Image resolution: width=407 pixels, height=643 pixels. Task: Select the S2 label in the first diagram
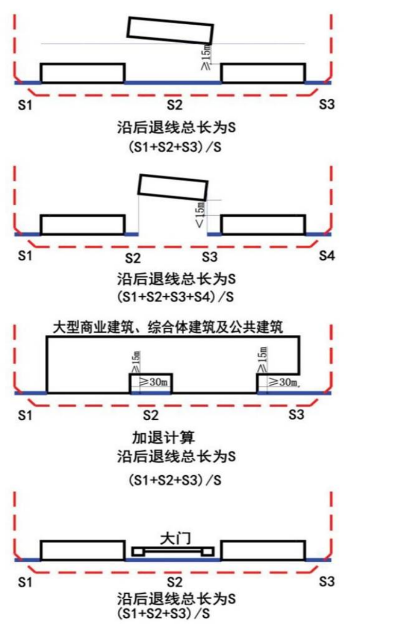click(174, 105)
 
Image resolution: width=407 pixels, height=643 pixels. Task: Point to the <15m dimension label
click(201, 214)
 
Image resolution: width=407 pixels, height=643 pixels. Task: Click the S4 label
click(327, 256)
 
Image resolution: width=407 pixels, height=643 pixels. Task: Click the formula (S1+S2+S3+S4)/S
click(175, 296)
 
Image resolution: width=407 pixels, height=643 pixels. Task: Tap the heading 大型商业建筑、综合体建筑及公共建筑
click(168, 328)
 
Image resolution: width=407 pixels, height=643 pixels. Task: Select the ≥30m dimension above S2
click(153, 382)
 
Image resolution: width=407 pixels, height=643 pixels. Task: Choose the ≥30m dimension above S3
click(284, 382)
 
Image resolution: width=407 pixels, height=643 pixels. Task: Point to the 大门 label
click(175, 539)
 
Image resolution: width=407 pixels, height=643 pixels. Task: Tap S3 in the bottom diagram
click(327, 582)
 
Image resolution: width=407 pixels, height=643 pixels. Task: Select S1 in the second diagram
click(25, 256)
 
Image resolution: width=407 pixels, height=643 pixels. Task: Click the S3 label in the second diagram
click(210, 257)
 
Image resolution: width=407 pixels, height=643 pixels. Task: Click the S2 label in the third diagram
click(151, 415)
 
